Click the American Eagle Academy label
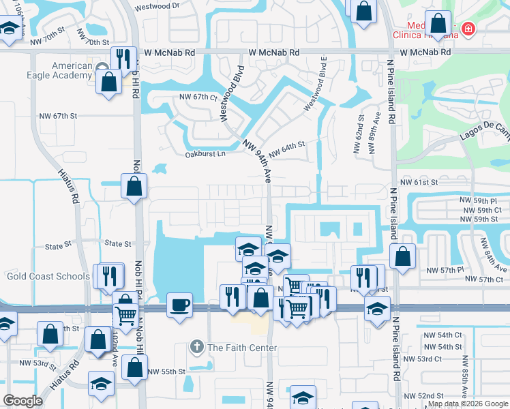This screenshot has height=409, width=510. (x=62, y=70)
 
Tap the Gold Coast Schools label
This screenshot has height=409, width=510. (x=48, y=276)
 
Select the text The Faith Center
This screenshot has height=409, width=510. (x=243, y=348)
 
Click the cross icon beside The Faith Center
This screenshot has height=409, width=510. (x=197, y=347)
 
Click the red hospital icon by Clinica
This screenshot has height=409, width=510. (x=468, y=29)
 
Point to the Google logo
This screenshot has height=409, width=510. (x=22, y=401)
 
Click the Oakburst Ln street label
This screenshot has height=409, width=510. (x=205, y=154)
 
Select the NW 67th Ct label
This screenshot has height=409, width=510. (x=198, y=97)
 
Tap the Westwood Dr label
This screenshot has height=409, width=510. (x=157, y=6)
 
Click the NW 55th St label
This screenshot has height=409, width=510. (x=168, y=372)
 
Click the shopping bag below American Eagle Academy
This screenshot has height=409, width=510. (x=109, y=82)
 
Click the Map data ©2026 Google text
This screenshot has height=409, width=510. (x=468, y=404)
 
